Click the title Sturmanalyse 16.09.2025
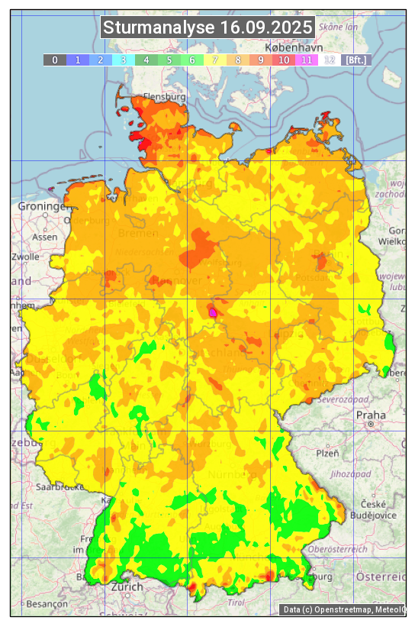[207, 28]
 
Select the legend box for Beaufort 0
[55, 60]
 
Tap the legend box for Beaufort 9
[261, 60]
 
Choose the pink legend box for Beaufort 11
[307, 60]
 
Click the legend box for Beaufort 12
[330, 60]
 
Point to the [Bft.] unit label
[355, 60]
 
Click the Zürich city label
[127, 586]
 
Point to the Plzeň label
[327, 453]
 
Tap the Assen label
[44, 237]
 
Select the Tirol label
[237, 603]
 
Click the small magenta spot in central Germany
[213, 312]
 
